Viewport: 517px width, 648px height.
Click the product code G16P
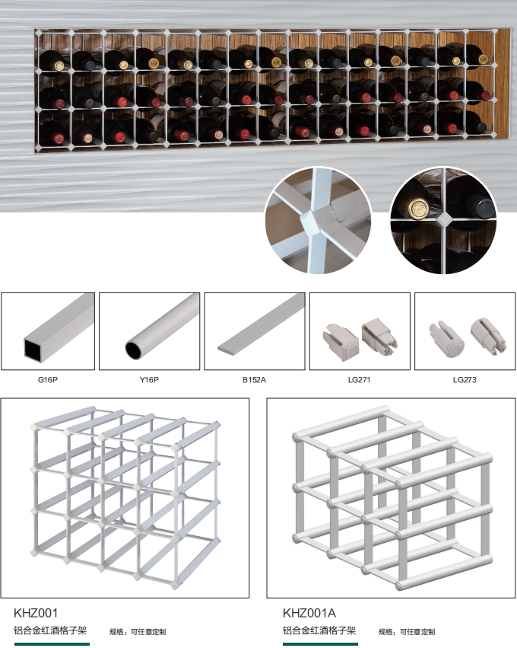tap(47, 380)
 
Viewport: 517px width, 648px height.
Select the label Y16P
tap(149, 380)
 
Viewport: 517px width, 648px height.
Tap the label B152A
tap(254, 380)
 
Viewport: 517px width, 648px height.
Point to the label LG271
tap(359, 380)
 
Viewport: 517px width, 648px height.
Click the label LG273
tap(465, 380)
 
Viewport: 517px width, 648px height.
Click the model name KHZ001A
tap(309, 613)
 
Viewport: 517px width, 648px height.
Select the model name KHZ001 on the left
tap(36, 613)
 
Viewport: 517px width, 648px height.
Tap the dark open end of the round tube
tap(134, 350)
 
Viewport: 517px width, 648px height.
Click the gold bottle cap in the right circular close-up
tap(419, 207)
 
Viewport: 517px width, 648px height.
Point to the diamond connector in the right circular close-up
tap(443, 219)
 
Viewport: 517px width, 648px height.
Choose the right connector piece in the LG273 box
tap(488, 335)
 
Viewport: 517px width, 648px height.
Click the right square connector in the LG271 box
tap(379, 336)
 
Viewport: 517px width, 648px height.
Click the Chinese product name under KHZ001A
tap(319, 630)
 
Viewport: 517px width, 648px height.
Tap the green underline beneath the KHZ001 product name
tap(52, 643)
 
